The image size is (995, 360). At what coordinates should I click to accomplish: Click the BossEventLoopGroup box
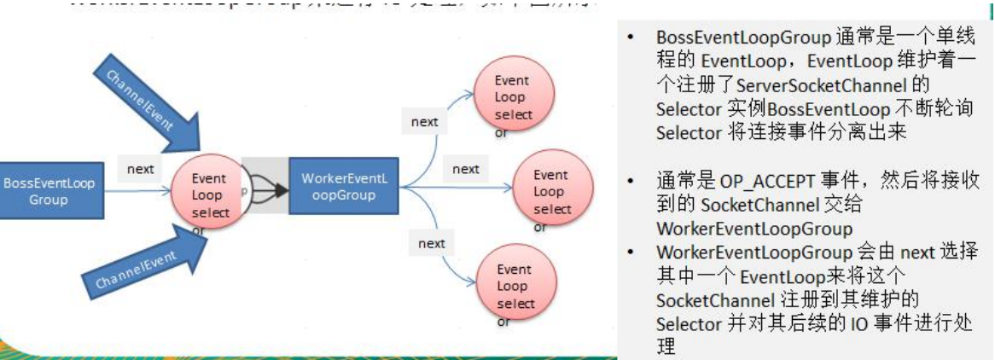[x=49, y=192]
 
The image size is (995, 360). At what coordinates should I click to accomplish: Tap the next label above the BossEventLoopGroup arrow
[x=141, y=170]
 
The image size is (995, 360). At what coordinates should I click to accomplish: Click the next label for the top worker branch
[x=424, y=121]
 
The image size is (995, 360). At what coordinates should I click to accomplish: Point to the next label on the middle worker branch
[x=465, y=169]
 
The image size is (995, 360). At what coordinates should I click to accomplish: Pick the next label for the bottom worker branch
[x=431, y=243]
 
